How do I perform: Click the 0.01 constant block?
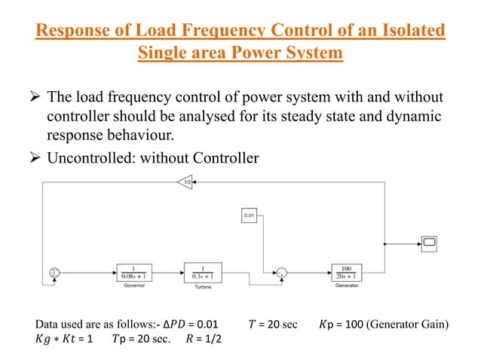tap(250, 216)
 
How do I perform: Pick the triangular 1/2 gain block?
tap(185, 182)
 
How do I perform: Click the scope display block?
tap(429, 243)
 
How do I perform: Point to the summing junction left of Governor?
tap(54, 272)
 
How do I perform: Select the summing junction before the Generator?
tap(281, 272)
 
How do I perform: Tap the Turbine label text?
tap(201, 286)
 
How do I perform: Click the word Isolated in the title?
tap(408, 32)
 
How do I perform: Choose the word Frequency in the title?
tap(218, 32)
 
